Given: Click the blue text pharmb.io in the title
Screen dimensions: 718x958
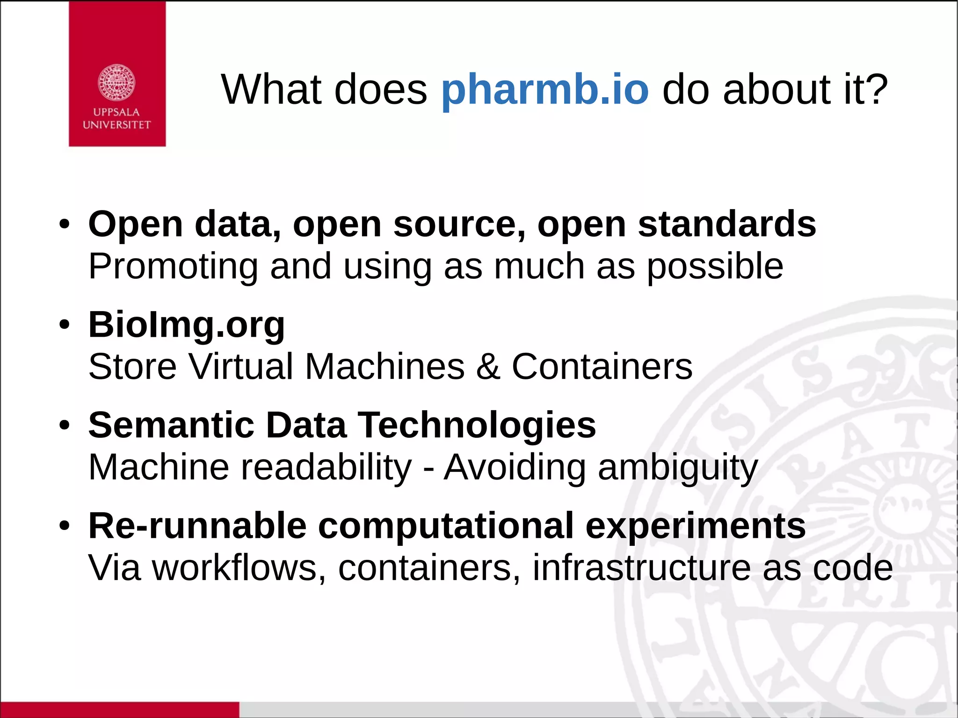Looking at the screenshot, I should [x=544, y=90].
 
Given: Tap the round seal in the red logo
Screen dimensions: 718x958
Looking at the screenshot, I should [x=116, y=83].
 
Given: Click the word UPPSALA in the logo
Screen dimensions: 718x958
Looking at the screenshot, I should [x=116, y=112].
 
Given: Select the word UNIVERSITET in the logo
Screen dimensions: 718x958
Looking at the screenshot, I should [x=116, y=125].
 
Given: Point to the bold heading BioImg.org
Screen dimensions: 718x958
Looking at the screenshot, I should [x=186, y=325].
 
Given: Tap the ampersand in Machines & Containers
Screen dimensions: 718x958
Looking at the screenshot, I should [x=488, y=366].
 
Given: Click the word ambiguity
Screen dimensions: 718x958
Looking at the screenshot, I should [x=678, y=468].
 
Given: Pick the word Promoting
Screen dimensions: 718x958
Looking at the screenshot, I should [x=173, y=267].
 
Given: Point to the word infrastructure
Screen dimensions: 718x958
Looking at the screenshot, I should [x=641, y=568].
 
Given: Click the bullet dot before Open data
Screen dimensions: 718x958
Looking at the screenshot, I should [x=65, y=225].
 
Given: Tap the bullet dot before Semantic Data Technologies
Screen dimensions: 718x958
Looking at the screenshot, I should [x=65, y=426].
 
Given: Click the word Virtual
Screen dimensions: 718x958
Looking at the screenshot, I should [x=240, y=366].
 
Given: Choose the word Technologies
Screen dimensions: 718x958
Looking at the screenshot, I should [x=477, y=425].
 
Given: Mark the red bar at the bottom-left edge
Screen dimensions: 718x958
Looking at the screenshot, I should [x=119, y=710].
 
